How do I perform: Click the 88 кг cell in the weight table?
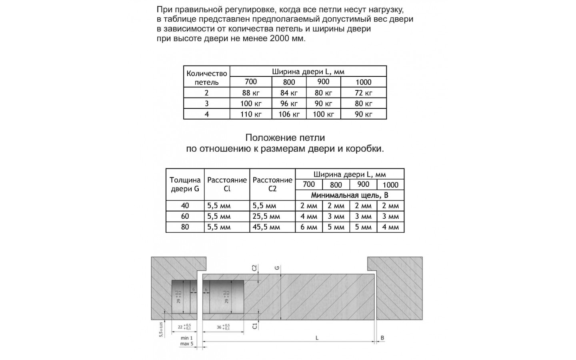tap(251, 93)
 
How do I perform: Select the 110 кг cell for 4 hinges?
tap(251, 114)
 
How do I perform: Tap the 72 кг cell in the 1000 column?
tap(363, 93)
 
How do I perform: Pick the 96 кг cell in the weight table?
tap(289, 104)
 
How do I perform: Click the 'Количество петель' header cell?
tap(206, 78)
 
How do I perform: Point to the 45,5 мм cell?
tap(266, 227)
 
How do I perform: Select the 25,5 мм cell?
tap(266, 216)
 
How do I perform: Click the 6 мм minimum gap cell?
tap(309, 227)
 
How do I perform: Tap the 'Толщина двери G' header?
tap(185, 184)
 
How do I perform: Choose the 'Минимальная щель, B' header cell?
tap(350, 195)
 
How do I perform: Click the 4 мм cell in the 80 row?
tap(390, 227)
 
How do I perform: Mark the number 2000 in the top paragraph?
tap(281, 39)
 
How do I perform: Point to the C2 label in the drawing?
tap(254, 268)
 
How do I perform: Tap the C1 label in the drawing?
tap(254, 326)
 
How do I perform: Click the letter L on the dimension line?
tap(317, 338)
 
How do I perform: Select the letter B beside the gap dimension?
tap(382, 338)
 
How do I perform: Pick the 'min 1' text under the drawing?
tap(186, 338)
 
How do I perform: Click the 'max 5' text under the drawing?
tap(186, 344)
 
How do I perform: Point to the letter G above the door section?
tap(277, 268)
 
